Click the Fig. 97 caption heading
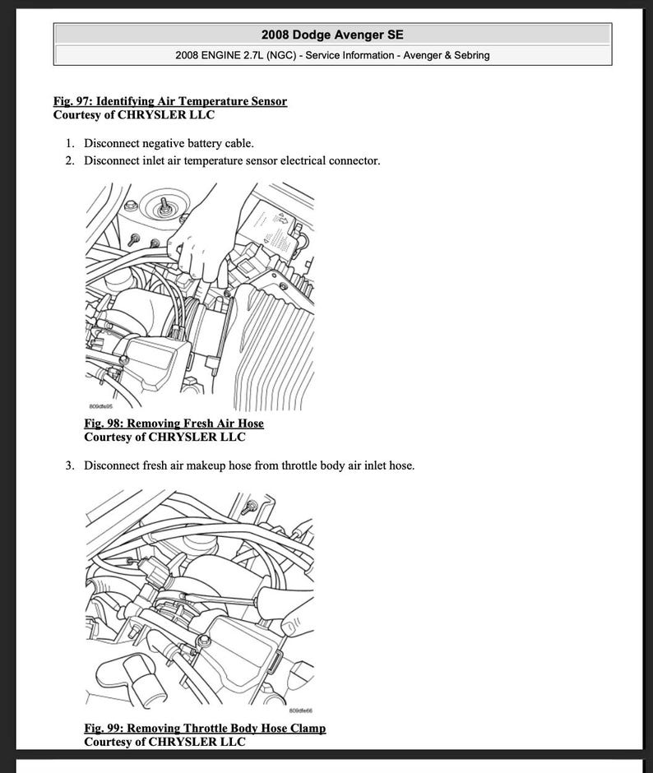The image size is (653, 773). point(170,101)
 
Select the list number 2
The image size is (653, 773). point(70,160)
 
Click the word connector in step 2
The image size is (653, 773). point(354,160)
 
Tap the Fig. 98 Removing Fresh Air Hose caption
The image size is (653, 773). point(174,424)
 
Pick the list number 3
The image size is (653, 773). point(70,465)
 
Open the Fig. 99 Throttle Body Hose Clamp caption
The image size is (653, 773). point(205,729)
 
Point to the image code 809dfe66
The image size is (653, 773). point(300,711)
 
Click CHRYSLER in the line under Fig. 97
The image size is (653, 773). point(152,115)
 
